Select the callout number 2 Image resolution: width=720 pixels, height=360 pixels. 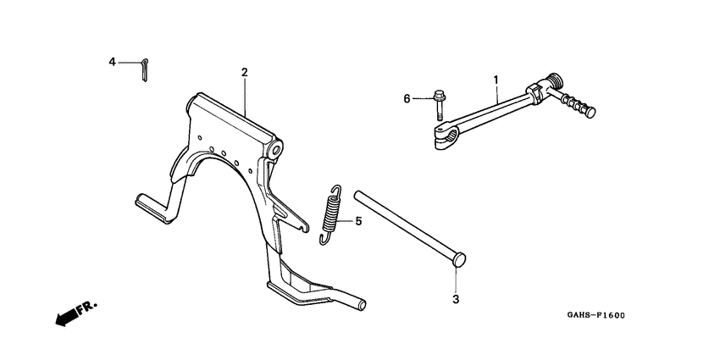coord(244,73)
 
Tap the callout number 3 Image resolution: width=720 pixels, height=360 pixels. coord(455,300)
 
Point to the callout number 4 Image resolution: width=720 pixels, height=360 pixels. coord(112,62)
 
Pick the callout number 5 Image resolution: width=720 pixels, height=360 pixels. coord(357,222)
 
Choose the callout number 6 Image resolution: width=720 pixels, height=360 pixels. coord(407,99)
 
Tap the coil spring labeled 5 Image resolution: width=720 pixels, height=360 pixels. coord(333,215)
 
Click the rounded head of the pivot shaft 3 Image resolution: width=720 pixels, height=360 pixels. coord(457,259)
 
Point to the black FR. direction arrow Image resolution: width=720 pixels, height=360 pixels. coord(64,316)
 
